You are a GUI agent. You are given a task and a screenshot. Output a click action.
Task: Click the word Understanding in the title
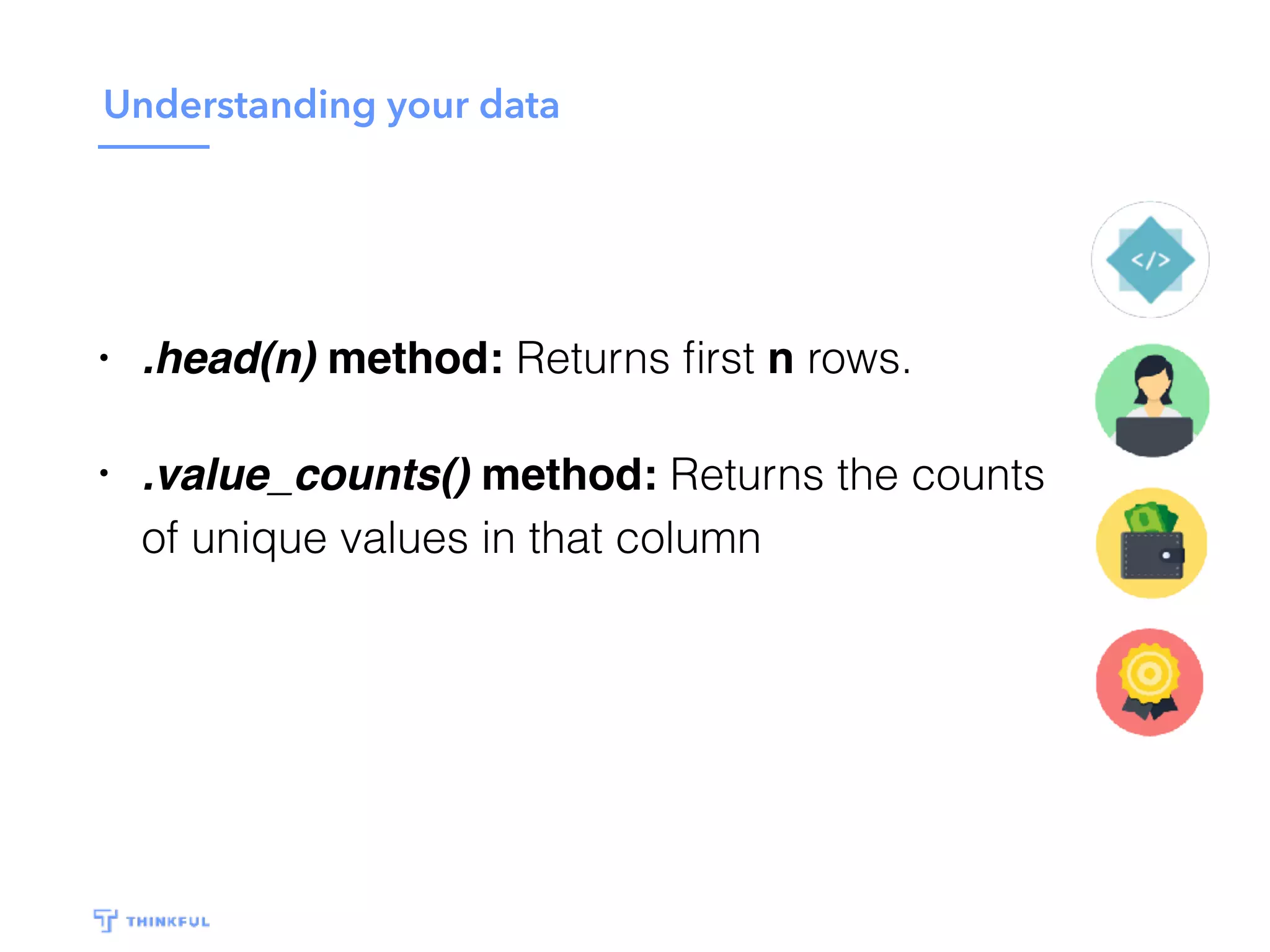pyautogui.click(x=239, y=105)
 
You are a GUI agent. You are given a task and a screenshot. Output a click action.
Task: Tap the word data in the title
pyautogui.click(x=519, y=105)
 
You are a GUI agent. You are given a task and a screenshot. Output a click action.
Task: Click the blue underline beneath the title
pyautogui.click(x=153, y=147)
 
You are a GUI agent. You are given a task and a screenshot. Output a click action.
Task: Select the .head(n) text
pyautogui.click(x=229, y=359)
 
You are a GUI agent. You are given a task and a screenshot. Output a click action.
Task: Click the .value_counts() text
pyautogui.click(x=306, y=475)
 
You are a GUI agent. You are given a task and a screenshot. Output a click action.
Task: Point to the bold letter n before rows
pyautogui.click(x=780, y=359)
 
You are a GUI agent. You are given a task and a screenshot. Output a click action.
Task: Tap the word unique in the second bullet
pyautogui.click(x=259, y=538)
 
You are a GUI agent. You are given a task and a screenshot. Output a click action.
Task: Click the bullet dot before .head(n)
pyautogui.click(x=104, y=358)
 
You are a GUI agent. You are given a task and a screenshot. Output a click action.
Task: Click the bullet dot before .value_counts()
pyautogui.click(x=104, y=474)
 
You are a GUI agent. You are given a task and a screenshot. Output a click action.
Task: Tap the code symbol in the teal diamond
pyautogui.click(x=1150, y=260)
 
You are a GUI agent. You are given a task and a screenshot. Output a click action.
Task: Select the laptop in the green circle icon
pyautogui.click(x=1153, y=434)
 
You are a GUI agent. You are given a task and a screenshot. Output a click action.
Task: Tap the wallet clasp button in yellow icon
pyautogui.click(x=1166, y=555)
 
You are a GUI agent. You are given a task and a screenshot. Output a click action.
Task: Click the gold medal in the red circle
pyautogui.click(x=1149, y=674)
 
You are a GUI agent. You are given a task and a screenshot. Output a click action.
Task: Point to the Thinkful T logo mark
pyautogui.click(x=105, y=920)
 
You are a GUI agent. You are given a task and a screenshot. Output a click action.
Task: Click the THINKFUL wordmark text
pyautogui.click(x=167, y=922)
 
